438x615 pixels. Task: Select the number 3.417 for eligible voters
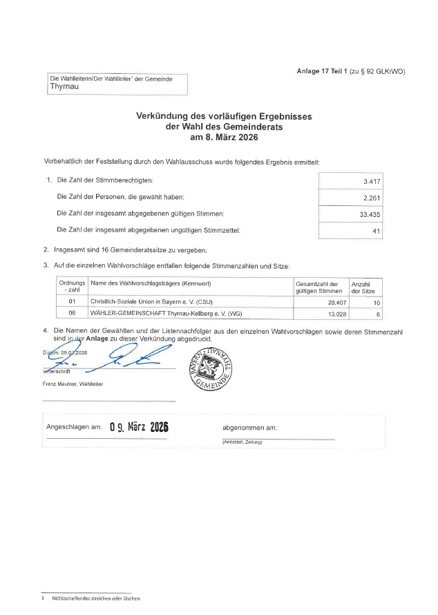click(x=372, y=181)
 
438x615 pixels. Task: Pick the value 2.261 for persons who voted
click(x=372, y=198)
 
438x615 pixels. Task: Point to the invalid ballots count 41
click(x=377, y=231)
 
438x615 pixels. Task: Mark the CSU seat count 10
click(x=376, y=302)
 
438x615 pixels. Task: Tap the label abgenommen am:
click(x=249, y=427)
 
